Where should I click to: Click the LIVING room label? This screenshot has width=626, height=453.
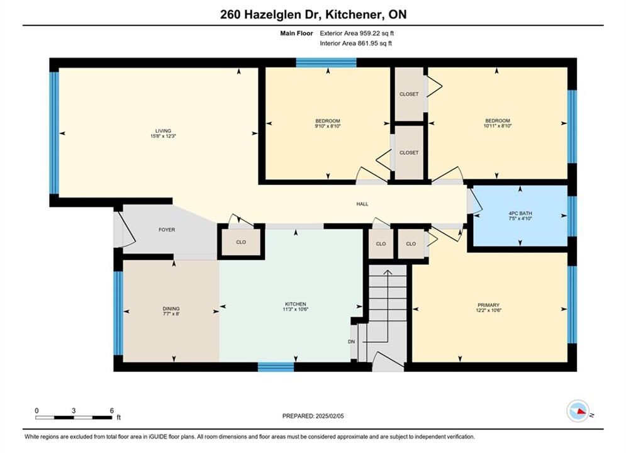point(163,131)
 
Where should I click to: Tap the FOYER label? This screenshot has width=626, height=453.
point(167,230)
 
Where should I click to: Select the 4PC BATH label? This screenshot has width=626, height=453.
point(520,213)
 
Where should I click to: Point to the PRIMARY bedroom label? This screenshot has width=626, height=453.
point(488,305)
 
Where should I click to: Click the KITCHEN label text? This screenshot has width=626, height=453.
point(296,304)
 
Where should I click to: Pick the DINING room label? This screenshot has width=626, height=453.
point(171,308)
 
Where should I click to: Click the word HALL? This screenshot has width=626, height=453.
point(362,204)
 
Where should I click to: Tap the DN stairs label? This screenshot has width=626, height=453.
point(351,342)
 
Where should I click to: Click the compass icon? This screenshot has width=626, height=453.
point(578,411)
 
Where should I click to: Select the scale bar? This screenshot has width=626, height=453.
point(74,418)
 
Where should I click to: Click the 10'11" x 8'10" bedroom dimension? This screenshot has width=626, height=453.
point(498,126)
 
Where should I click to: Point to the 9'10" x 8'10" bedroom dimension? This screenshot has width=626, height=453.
point(328,126)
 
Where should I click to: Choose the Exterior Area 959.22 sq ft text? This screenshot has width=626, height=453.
point(357,33)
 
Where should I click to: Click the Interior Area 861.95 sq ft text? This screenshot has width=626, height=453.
point(355,43)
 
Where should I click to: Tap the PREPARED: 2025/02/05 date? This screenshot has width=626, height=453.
point(313,416)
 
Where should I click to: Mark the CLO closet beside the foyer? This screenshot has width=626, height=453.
point(241,242)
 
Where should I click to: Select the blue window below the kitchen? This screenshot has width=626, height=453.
point(276,367)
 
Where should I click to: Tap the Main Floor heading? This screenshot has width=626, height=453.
point(296,33)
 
